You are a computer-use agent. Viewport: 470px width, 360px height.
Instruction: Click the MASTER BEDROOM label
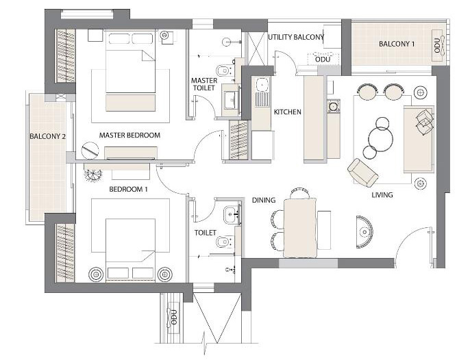[x=129, y=135]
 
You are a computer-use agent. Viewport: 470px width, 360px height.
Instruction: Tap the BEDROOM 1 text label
[x=128, y=189]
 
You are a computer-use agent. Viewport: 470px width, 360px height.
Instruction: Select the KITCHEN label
[x=288, y=112]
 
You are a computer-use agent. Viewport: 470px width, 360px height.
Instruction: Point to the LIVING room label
[x=382, y=195]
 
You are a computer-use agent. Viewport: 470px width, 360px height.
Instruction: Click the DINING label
[x=264, y=201]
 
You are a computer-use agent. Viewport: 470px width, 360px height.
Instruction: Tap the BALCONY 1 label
[x=397, y=44]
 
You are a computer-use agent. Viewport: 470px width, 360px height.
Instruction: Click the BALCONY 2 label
[x=47, y=136]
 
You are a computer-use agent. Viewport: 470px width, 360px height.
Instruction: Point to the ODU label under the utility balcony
[x=323, y=60]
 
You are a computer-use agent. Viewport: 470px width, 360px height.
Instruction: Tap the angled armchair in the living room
[x=362, y=172]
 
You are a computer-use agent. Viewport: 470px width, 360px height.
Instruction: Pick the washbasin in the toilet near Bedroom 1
[x=230, y=214]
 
